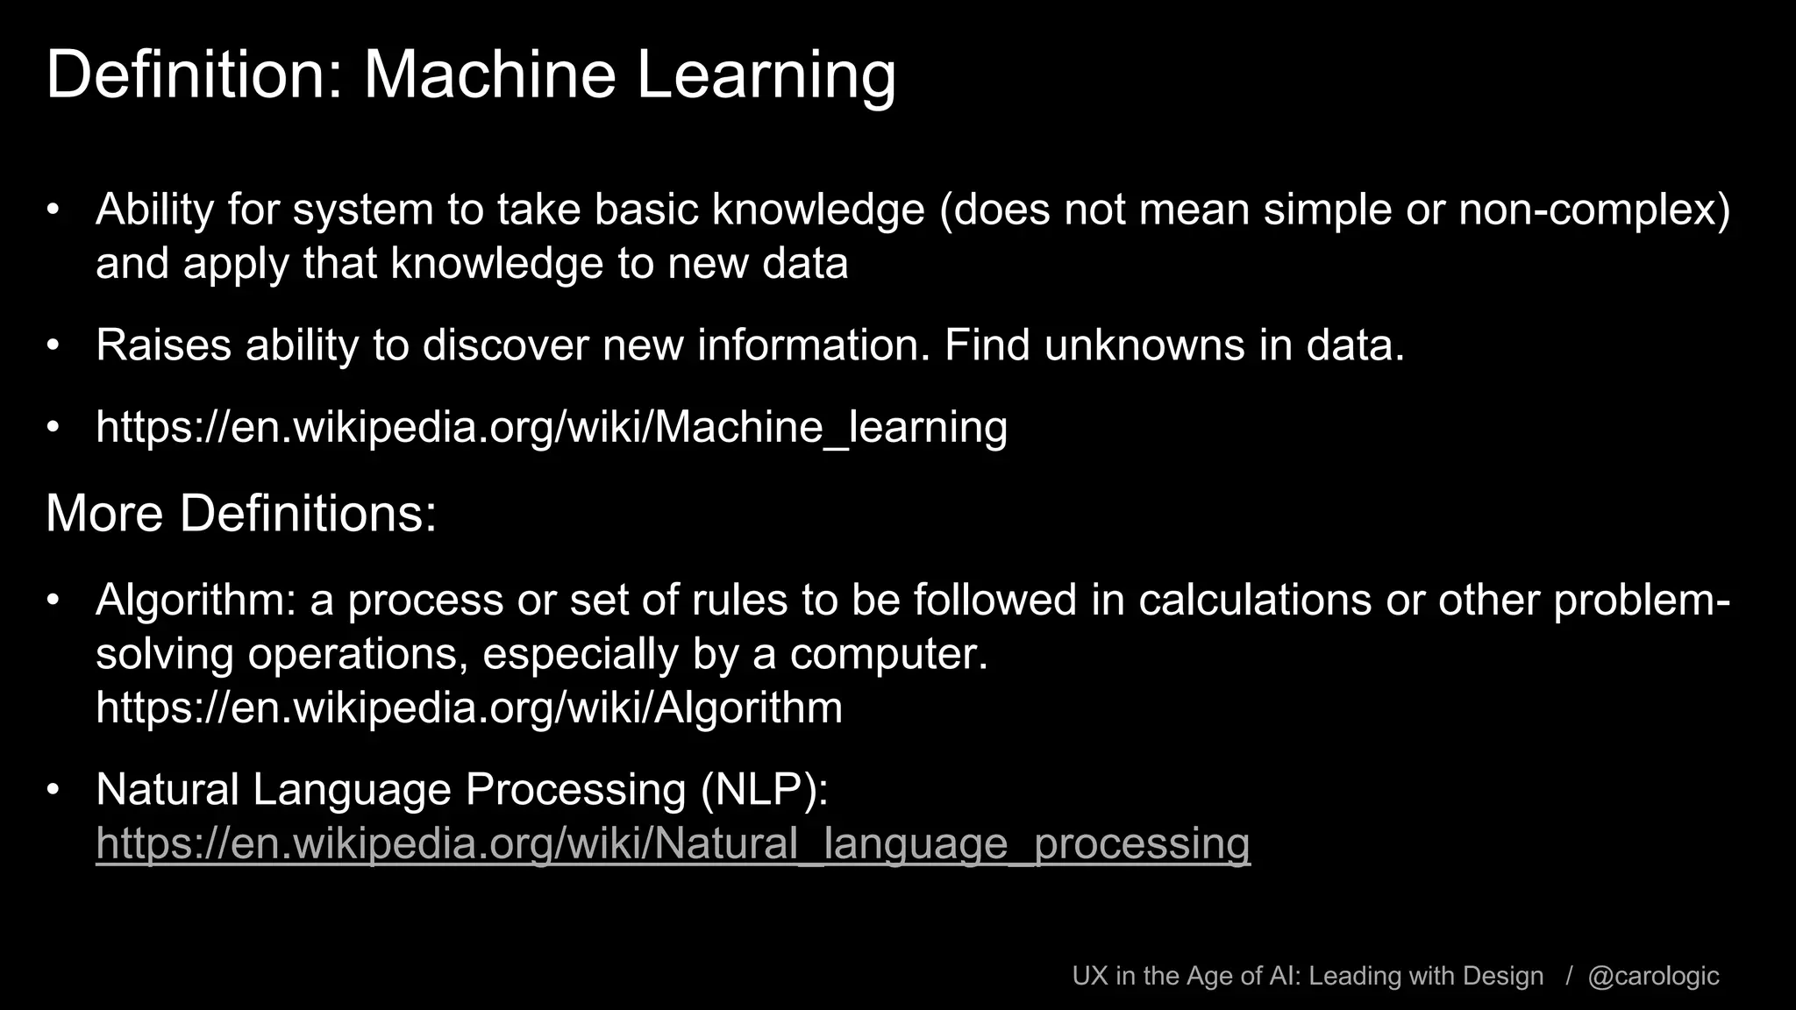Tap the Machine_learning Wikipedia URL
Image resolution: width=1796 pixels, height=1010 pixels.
pyautogui.click(x=552, y=427)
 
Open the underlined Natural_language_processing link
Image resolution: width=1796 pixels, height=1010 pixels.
pyautogui.click(x=673, y=843)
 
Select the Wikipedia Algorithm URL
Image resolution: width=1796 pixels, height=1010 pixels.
pyautogui.click(x=469, y=708)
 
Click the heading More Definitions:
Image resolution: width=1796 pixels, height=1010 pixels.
pyautogui.click(x=241, y=513)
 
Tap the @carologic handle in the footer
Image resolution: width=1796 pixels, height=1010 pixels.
pyautogui.click(x=1653, y=976)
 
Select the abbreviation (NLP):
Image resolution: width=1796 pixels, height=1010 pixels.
pyautogui.click(x=764, y=789)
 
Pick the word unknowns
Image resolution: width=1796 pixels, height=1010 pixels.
pyautogui.click(x=1144, y=345)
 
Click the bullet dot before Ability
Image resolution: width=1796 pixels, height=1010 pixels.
pyautogui.click(x=53, y=210)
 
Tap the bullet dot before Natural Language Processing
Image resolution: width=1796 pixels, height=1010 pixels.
pyautogui.click(x=53, y=790)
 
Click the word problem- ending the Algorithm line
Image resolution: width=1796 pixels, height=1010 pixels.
pyautogui.click(x=1642, y=601)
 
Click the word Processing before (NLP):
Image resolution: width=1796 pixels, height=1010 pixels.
pyautogui.click(x=575, y=789)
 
